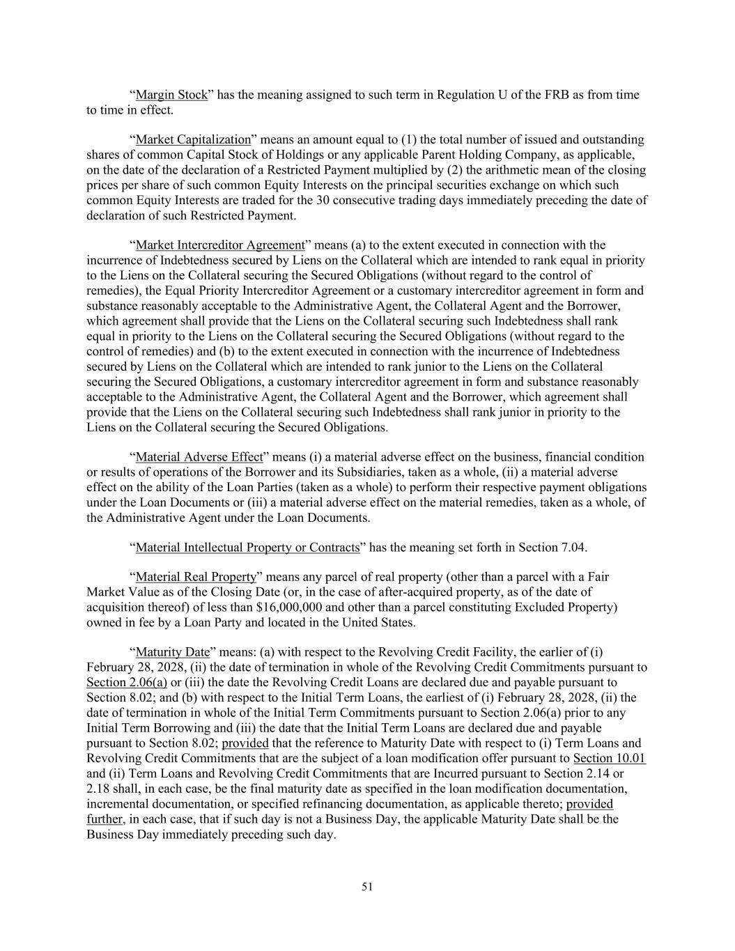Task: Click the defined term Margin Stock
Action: (171, 95)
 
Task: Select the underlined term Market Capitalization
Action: (193, 139)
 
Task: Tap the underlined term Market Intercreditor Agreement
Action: (220, 245)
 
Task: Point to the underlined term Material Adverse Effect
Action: (199, 457)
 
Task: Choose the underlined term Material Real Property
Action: (196, 577)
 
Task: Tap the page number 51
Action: (367, 886)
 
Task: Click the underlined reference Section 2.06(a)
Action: (127, 682)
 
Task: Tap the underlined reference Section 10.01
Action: (609, 758)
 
